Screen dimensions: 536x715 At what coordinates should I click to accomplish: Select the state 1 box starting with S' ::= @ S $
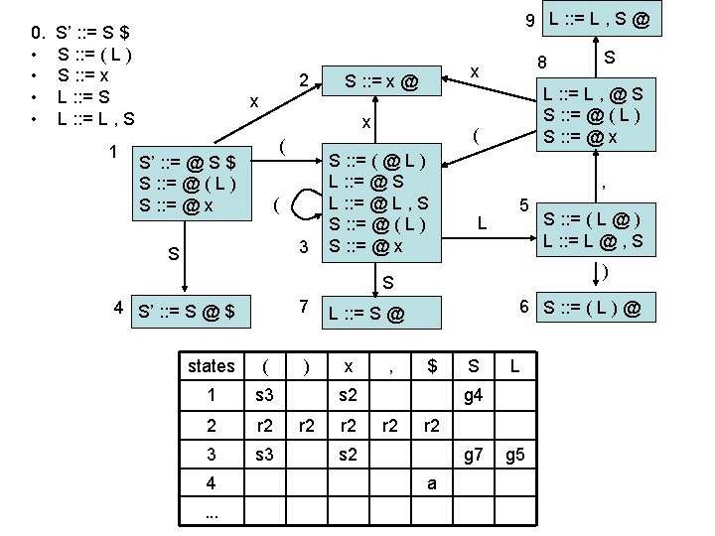[x=189, y=183]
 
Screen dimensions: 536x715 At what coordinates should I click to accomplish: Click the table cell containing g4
[x=473, y=395]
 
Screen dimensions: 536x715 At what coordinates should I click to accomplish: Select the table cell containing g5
[x=514, y=456]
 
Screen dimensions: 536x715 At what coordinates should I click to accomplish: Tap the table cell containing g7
[x=473, y=456]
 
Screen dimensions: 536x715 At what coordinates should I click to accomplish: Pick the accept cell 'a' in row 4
[x=431, y=485]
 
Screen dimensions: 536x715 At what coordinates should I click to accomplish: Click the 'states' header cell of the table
[x=212, y=365]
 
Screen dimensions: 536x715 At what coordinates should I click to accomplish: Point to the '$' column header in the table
[x=431, y=365]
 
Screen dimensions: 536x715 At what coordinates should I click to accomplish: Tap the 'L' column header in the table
[x=514, y=365]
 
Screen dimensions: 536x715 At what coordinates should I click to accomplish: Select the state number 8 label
[x=542, y=63]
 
